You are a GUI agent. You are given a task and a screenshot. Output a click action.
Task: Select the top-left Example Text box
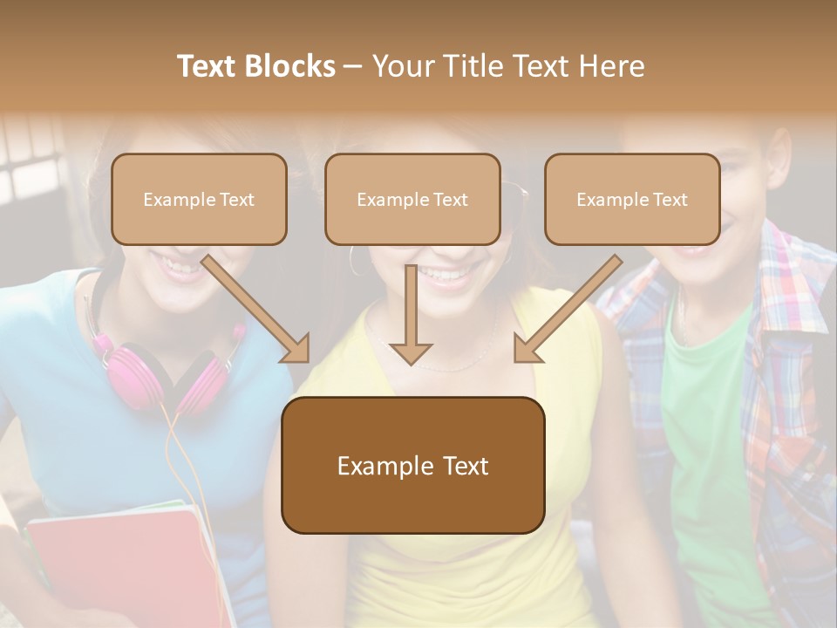click(199, 199)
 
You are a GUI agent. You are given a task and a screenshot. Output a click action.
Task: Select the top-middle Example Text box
click(412, 199)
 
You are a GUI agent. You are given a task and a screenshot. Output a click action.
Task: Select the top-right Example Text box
click(632, 199)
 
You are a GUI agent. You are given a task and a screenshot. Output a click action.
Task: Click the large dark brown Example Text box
click(412, 465)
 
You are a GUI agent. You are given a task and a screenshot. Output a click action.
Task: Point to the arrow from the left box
click(258, 311)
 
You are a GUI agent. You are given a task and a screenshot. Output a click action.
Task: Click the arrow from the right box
click(567, 311)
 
